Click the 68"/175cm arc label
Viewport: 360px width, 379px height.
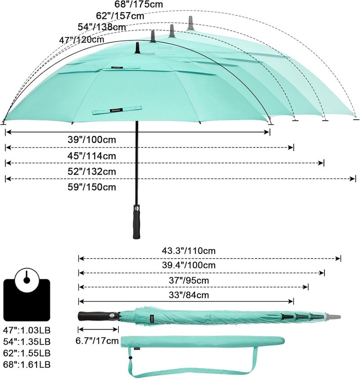point(139,4)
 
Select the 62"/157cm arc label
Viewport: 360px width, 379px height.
point(120,16)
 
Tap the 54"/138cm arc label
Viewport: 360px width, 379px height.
point(102,27)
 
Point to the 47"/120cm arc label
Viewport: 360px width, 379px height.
point(81,40)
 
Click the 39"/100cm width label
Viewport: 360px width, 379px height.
point(92,140)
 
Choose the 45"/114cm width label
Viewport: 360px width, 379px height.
point(92,156)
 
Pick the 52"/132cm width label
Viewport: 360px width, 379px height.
point(92,171)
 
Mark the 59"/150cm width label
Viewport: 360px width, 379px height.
point(92,187)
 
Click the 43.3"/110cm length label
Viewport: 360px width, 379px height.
point(189,251)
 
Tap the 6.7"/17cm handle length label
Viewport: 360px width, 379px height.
point(97,341)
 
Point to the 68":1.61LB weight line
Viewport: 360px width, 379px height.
point(27,365)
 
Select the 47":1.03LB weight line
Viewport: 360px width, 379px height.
point(27,330)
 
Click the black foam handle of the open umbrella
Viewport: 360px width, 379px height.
point(137,222)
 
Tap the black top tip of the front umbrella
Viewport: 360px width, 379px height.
point(138,48)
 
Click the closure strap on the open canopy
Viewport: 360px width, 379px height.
point(117,110)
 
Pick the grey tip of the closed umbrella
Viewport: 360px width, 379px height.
point(333,316)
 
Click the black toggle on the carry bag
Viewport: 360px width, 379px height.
point(130,357)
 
